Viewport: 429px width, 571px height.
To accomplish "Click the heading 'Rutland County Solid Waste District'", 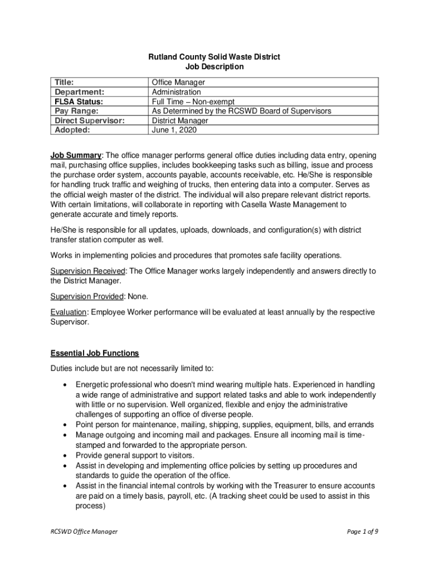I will [214, 57].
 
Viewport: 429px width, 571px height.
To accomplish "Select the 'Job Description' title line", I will [214, 67].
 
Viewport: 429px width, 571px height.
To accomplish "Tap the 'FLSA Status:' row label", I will [79, 101].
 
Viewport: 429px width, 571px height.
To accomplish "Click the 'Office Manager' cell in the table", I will [178, 83].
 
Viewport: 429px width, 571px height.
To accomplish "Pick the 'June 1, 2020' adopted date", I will [174, 130].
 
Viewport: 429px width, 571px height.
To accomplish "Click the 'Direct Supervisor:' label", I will [89, 120].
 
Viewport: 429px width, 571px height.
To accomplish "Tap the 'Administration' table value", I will [177, 92].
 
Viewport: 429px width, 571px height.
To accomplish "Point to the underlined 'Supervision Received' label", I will [89, 271].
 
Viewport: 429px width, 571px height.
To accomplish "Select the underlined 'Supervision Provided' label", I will [87, 297].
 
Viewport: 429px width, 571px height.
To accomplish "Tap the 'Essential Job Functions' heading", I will [95, 353].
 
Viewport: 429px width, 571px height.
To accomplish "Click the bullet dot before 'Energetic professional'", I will [67, 385].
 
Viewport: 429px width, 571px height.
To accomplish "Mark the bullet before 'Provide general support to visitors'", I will [67, 456].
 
